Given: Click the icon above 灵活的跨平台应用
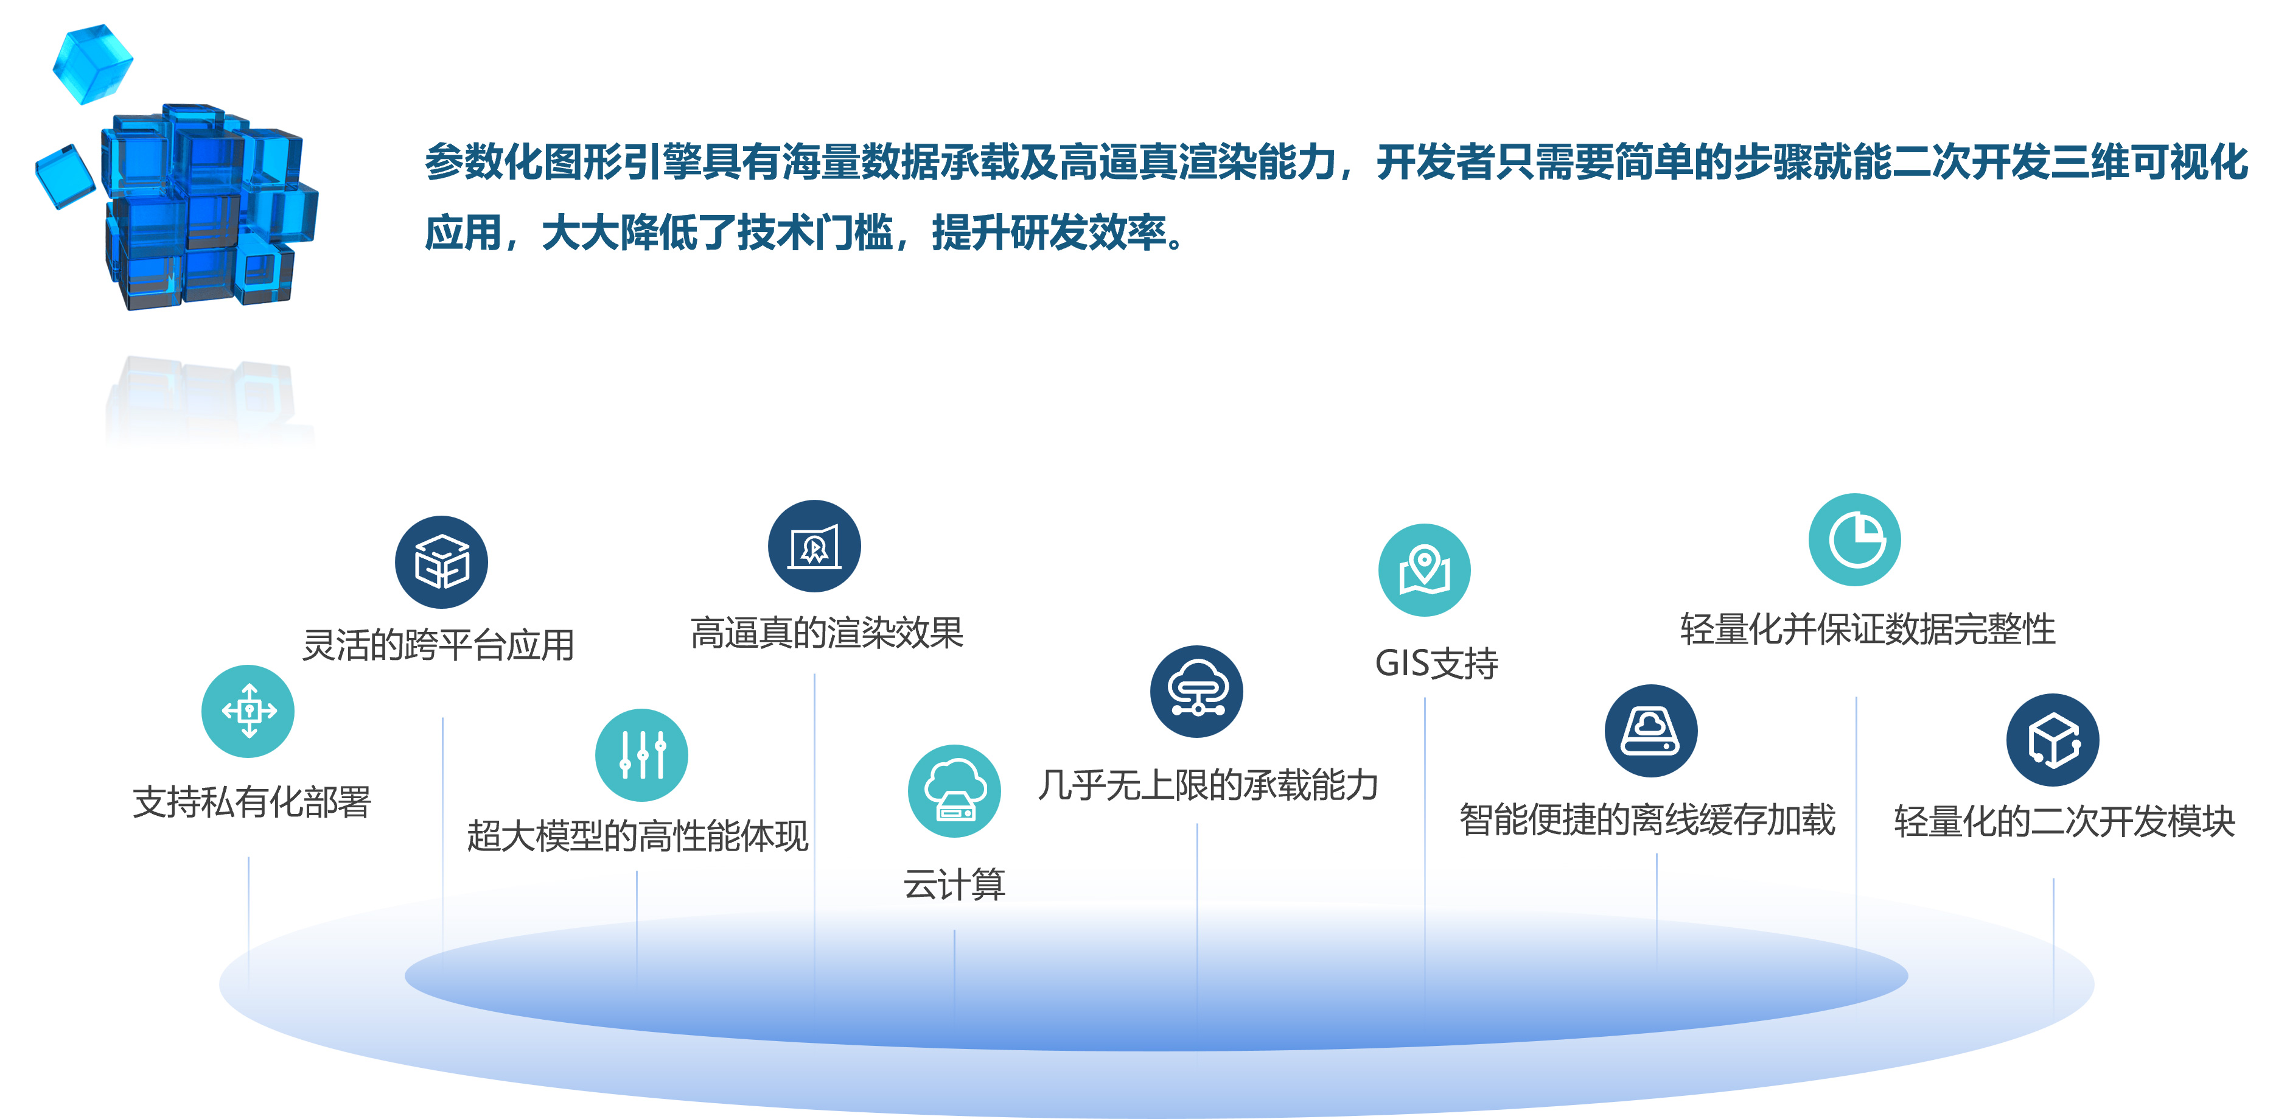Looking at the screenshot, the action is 441,562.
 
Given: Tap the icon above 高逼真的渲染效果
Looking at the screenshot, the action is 814,546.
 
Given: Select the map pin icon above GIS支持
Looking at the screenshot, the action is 1424,570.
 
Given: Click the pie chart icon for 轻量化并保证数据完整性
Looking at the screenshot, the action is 1855,539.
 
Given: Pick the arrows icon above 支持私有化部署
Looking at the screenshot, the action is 248,711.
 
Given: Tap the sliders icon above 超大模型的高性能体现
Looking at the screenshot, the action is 641,756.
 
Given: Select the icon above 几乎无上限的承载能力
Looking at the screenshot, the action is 1196,692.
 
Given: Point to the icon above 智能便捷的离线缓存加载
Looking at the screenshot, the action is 1651,731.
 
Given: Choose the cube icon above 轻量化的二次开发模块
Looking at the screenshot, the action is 2053,740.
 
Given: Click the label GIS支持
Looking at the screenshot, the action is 1436,663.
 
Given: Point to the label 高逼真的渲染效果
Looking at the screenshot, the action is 827,633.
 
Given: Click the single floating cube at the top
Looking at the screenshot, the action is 93,63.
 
